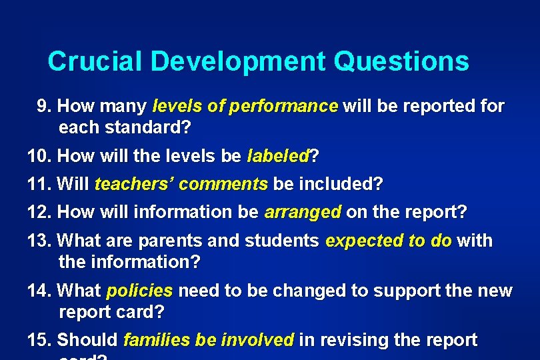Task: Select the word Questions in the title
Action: [401, 61]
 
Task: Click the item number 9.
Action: [44, 107]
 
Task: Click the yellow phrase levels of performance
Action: [245, 107]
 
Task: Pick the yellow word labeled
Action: [278, 157]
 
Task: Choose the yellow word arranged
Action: [303, 213]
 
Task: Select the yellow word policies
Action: [139, 291]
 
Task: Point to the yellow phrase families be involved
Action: [209, 341]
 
